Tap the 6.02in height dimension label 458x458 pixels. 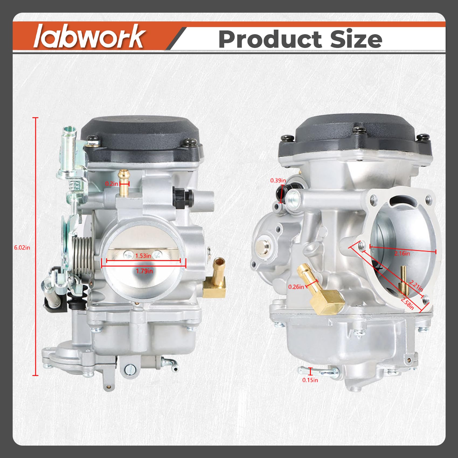[22, 247]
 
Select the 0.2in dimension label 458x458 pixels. [111, 184]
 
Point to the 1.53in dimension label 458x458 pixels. [143, 255]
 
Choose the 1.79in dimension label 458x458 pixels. [144, 271]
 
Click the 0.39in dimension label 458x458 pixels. [278, 180]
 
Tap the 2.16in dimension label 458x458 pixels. [402, 253]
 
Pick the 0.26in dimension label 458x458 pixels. [296, 287]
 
